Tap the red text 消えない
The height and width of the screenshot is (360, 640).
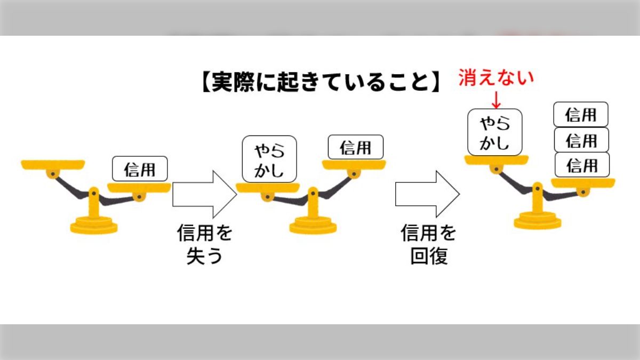pyautogui.click(x=496, y=78)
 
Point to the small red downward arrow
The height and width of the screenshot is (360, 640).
pyautogui.click(x=496, y=100)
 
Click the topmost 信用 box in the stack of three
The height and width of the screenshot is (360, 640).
pyautogui.click(x=581, y=115)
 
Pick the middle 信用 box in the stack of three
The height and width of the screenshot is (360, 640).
pyautogui.click(x=581, y=140)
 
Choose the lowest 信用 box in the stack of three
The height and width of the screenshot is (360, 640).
pyautogui.click(x=582, y=165)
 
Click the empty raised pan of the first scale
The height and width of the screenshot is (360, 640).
pyautogui.click(x=53, y=164)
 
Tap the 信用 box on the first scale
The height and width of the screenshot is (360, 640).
pyautogui.click(x=140, y=169)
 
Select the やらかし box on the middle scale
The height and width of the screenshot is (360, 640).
pyautogui.click(x=269, y=159)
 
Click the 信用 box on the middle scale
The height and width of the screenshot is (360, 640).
pyautogui.click(x=355, y=147)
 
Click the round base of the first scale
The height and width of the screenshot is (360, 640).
pyautogui.click(x=94, y=224)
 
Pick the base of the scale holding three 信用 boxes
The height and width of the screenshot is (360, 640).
pyautogui.click(x=538, y=220)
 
